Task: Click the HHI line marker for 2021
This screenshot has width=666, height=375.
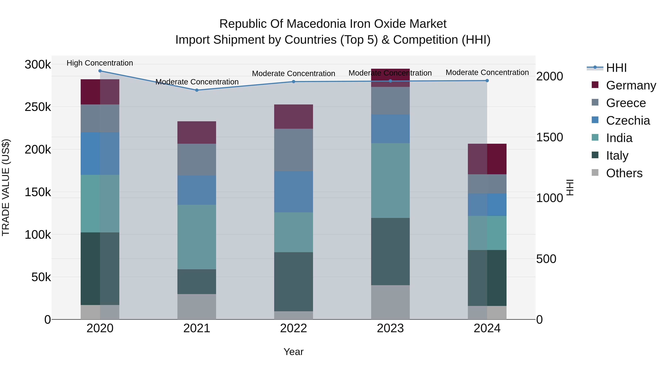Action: [197, 90]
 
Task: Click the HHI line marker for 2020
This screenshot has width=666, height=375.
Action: [100, 71]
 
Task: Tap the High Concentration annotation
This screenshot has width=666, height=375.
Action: [100, 63]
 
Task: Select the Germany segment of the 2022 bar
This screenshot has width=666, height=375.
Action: [293, 116]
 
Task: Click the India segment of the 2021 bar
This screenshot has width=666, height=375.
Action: [197, 237]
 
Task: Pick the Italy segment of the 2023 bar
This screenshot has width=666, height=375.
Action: [390, 251]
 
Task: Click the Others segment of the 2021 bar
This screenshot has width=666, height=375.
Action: [197, 306]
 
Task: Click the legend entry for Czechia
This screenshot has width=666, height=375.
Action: [628, 121]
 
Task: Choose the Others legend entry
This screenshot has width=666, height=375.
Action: [624, 173]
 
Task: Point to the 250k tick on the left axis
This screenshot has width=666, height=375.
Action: [38, 107]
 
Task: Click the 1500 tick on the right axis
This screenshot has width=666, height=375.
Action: [549, 137]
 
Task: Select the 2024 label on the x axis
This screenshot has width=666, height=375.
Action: [487, 328]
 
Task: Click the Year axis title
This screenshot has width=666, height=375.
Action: [293, 352]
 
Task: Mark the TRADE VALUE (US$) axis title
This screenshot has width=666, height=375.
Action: [6, 187]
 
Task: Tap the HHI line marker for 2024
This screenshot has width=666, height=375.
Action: [487, 81]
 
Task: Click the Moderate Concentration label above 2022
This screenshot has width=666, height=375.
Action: [293, 74]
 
